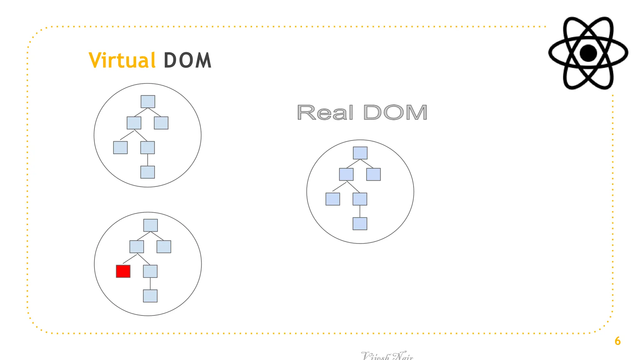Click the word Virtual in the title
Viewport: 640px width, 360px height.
click(x=122, y=60)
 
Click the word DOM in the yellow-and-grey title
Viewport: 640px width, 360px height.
click(x=187, y=60)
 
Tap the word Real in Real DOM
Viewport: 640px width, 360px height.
click(x=325, y=112)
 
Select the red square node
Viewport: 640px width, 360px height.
click(x=123, y=271)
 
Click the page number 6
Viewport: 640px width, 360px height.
click(x=617, y=341)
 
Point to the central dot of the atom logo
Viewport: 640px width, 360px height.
click(x=588, y=53)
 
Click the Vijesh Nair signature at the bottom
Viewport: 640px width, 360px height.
click(x=387, y=356)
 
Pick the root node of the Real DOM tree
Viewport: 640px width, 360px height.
click(x=360, y=153)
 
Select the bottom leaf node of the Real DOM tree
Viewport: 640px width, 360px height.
click(x=360, y=224)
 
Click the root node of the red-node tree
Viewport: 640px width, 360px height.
click(x=150, y=225)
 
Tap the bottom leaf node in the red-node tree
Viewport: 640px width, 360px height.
click(x=150, y=296)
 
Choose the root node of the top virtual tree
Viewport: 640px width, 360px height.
click(x=148, y=102)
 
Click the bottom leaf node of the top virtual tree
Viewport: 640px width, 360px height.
click(x=147, y=172)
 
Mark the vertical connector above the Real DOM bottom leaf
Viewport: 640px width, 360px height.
click(x=360, y=211)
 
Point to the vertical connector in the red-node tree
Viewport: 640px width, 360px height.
click(x=150, y=283)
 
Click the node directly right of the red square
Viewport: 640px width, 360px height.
click(x=150, y=271)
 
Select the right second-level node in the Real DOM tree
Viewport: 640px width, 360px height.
click(x=373, y=174)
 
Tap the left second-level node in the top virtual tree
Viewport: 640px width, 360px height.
click(x=134, y=123)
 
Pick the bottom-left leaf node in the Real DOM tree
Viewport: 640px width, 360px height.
click(x=332, y=199)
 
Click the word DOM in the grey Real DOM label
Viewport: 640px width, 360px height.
click(x=395, y=112)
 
